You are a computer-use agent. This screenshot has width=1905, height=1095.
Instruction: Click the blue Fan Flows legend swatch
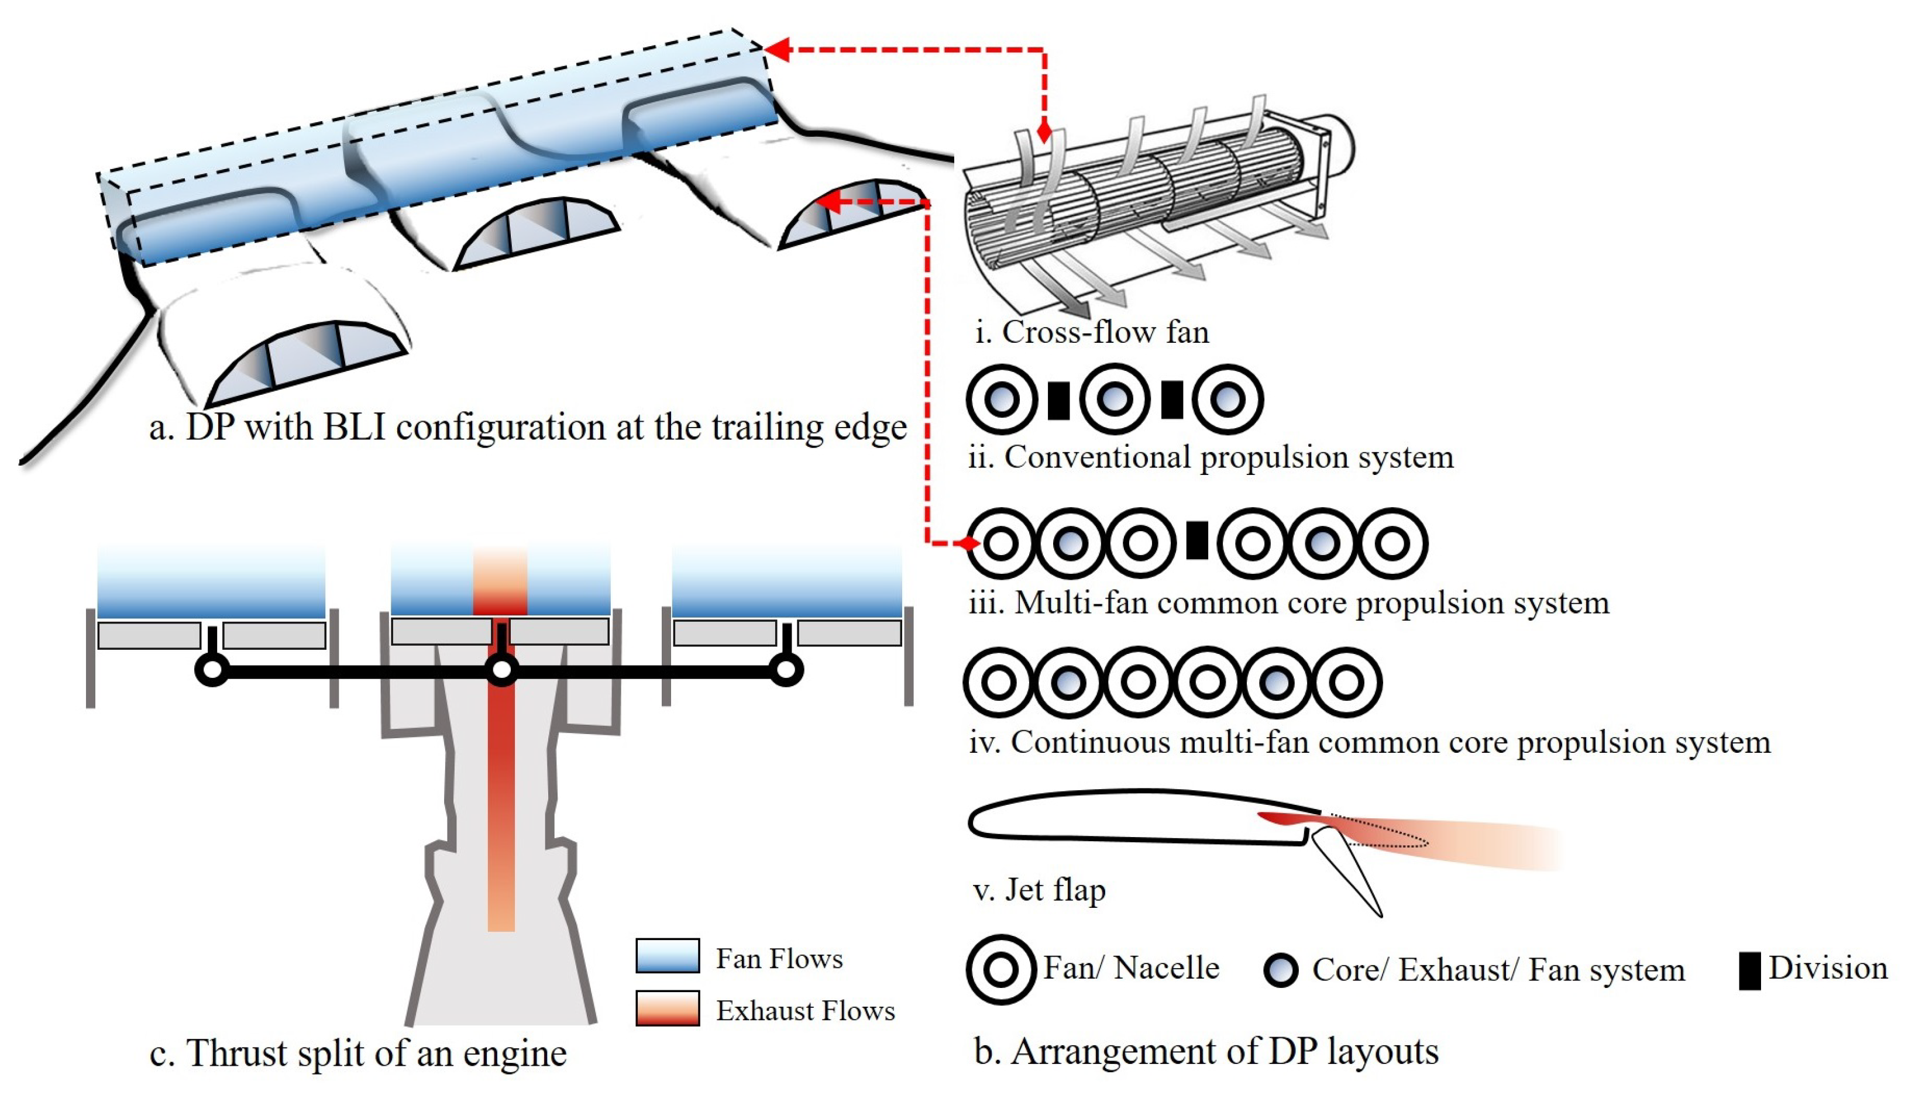click(x=667, y=956)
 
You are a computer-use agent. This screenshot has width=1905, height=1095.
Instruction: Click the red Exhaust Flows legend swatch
click(x=667, y=1008)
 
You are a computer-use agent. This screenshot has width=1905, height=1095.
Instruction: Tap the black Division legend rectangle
click(x=1749, y=971)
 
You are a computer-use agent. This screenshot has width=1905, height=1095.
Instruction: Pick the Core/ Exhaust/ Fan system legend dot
click(x=1281, y=970)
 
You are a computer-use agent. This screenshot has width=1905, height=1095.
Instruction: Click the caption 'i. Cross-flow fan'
click(x=1091, y=332)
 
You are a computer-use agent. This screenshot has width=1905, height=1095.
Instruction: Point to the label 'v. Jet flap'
click(x=1039, y=890)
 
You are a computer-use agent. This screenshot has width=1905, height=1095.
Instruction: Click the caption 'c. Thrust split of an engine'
click(x=358, y=1053)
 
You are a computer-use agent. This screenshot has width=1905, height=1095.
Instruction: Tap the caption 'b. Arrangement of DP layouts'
click(x=1206, y=1051)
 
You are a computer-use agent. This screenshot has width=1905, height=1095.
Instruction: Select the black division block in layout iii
click(x=1196, y=540)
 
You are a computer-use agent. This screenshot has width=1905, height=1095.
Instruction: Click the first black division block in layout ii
click(x=1058, y=400)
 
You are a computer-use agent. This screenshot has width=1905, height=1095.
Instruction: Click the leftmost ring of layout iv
click(x=999, y=682)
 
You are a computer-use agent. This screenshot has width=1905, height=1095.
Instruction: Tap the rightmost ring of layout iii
click(x=1392, y=543)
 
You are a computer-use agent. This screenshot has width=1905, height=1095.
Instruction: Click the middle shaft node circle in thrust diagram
click(x=501, y=669)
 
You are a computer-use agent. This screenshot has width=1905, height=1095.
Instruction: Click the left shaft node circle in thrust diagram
click(x=212, y=669)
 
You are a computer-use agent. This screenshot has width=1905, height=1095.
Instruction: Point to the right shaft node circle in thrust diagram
click(x=787, y=669)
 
